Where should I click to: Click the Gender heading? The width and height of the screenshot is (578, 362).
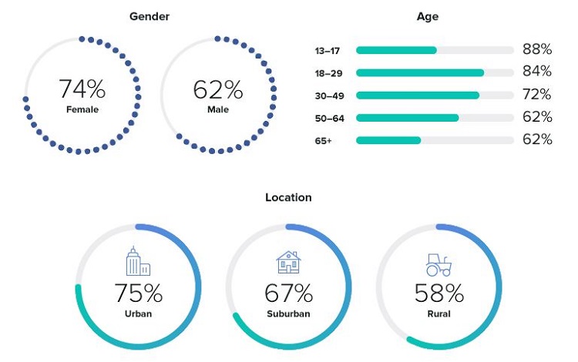(150, 16)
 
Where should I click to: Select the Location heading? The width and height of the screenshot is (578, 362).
(288, 198)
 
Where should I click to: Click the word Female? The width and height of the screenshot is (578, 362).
(82, 109)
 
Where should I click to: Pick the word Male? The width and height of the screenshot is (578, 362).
(218, 109)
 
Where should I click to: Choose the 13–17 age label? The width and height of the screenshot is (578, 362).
(327, 50)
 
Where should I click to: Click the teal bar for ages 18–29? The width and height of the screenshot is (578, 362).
(420, 73)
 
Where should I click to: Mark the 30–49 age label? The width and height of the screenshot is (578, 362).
(328, 96)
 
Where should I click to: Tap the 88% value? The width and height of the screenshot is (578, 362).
(536, 49)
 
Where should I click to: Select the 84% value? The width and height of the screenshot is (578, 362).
(536, 72)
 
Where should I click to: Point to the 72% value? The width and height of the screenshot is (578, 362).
(536, 95)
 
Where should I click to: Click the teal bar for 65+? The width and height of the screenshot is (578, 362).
(388, 141)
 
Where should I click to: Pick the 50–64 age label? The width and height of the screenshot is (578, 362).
(328, 119)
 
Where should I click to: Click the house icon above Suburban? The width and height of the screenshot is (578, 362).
(288, 263)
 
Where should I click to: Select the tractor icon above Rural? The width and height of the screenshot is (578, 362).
(439, 266)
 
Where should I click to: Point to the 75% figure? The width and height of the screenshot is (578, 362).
(139, 293)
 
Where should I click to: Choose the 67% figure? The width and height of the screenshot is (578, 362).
(288, 293)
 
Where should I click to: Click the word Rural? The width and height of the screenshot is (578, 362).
(439, 313)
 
